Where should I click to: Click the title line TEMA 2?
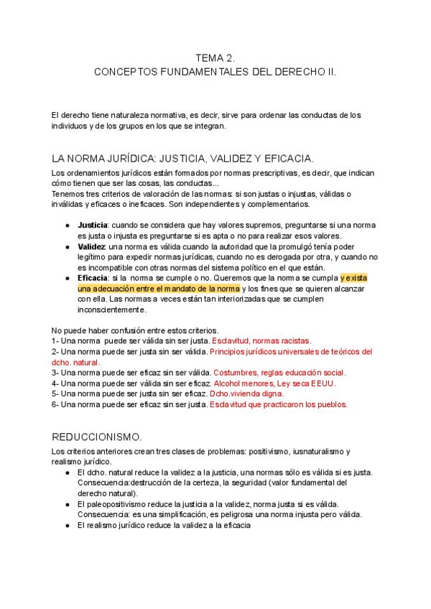coord(215,57)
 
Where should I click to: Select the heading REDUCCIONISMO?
coord(97,437)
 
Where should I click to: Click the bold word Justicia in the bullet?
coord(92,225)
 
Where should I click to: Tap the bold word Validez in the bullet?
coord(91,246)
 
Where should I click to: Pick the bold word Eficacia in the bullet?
coord(93,278)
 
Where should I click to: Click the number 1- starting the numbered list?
coord(55,340)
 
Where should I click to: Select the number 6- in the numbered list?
coord(55,404)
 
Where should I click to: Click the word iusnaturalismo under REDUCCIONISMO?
coord(311,451)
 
